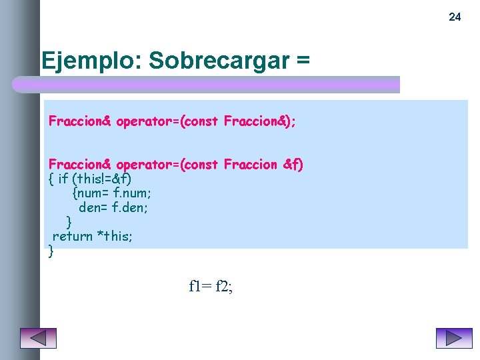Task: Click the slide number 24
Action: tap(455, 17)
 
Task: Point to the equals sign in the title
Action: tap(303, 61)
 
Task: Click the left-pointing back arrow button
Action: tap(38, 338)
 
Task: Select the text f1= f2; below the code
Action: tap(211, 287)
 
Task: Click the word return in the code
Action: tap(72, 236)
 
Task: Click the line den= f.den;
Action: tap(113, 208)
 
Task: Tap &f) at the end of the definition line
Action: tap(293, 164)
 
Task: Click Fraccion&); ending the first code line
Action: tap(260, 121)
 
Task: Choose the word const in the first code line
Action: tap(200, 121)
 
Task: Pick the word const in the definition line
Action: tap(200, 164)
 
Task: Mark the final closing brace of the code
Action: tap(51, 251)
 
